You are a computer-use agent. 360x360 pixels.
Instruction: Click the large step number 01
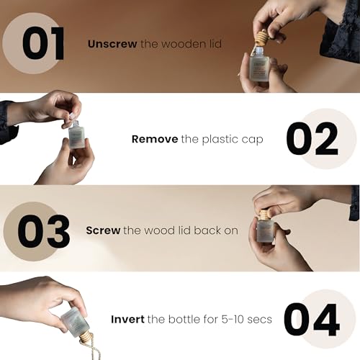point(43,43)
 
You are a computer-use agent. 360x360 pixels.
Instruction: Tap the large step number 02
point(312,139)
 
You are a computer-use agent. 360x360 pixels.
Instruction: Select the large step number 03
point(44,231)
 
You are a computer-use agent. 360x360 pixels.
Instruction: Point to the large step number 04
point(312,320)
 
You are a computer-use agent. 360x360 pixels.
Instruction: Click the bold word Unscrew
point(112,44)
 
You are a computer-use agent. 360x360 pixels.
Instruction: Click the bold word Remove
point(155,139)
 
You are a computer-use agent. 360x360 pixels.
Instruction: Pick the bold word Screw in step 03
point(103,230)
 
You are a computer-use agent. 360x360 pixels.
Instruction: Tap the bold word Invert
point(127,320)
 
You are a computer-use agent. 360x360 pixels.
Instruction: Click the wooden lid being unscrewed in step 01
point(261,38)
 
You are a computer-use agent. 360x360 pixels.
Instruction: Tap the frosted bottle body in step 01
point(258,68)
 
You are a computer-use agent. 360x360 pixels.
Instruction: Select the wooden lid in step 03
point(265,215)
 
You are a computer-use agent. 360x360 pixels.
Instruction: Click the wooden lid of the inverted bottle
point(85,338)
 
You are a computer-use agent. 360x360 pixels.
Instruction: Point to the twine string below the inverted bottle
point(93,351)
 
